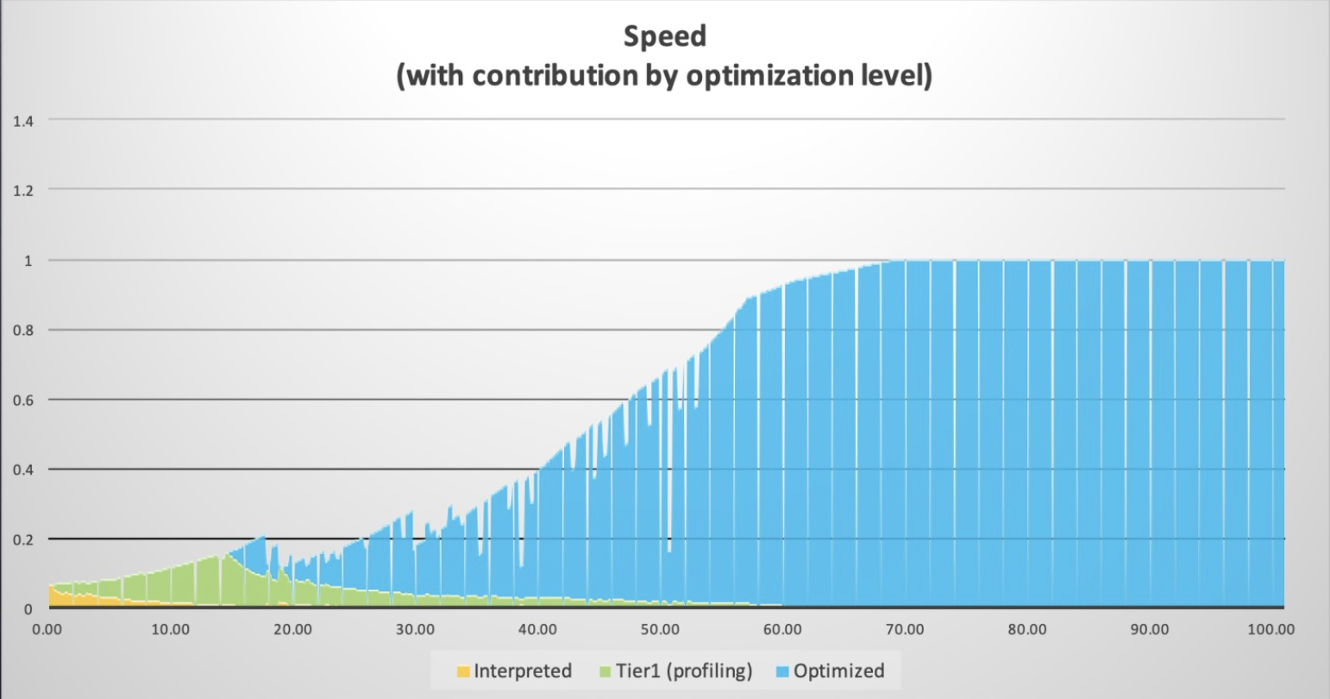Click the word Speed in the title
[x=664, y=36]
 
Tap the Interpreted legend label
[x=523, y=671]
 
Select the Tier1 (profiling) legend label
[x=683, y=671]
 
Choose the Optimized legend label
[x=838, y=671]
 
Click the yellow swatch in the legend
[x=463, y=671]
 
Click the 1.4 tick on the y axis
[x=22, y=120]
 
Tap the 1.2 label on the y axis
[x=22, y=190]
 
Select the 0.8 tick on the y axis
[x=22, y=330]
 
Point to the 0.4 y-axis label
[x=22, y=469]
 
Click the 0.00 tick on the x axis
[x=47, y=629]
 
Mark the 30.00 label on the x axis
[x=415, y=629]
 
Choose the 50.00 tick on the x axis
[x=660, y=629]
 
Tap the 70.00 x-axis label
[x=905, y=629]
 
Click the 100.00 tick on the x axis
[x=1271, y=629]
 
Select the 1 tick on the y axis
[x=28, y=260]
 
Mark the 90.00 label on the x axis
[x=1150, y=629]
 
